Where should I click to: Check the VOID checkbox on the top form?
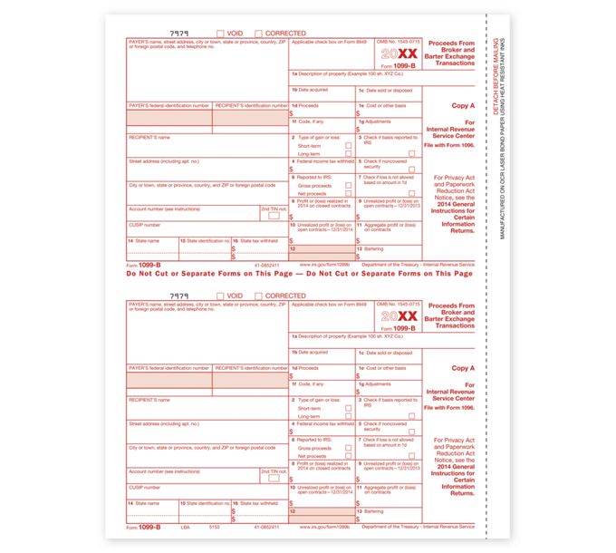[220, 34]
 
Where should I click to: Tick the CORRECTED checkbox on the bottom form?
[259, 296]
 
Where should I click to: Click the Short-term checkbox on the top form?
[348, 145]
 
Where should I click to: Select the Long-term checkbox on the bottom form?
[348, 416]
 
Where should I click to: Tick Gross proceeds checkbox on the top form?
[348, 185]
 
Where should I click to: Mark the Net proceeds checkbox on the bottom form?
[348, 456]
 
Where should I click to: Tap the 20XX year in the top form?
[399, 53]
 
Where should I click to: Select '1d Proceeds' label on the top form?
[304, 105]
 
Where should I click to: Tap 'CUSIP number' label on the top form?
[144, 224]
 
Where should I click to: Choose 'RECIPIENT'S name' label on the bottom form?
[149, 400]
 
